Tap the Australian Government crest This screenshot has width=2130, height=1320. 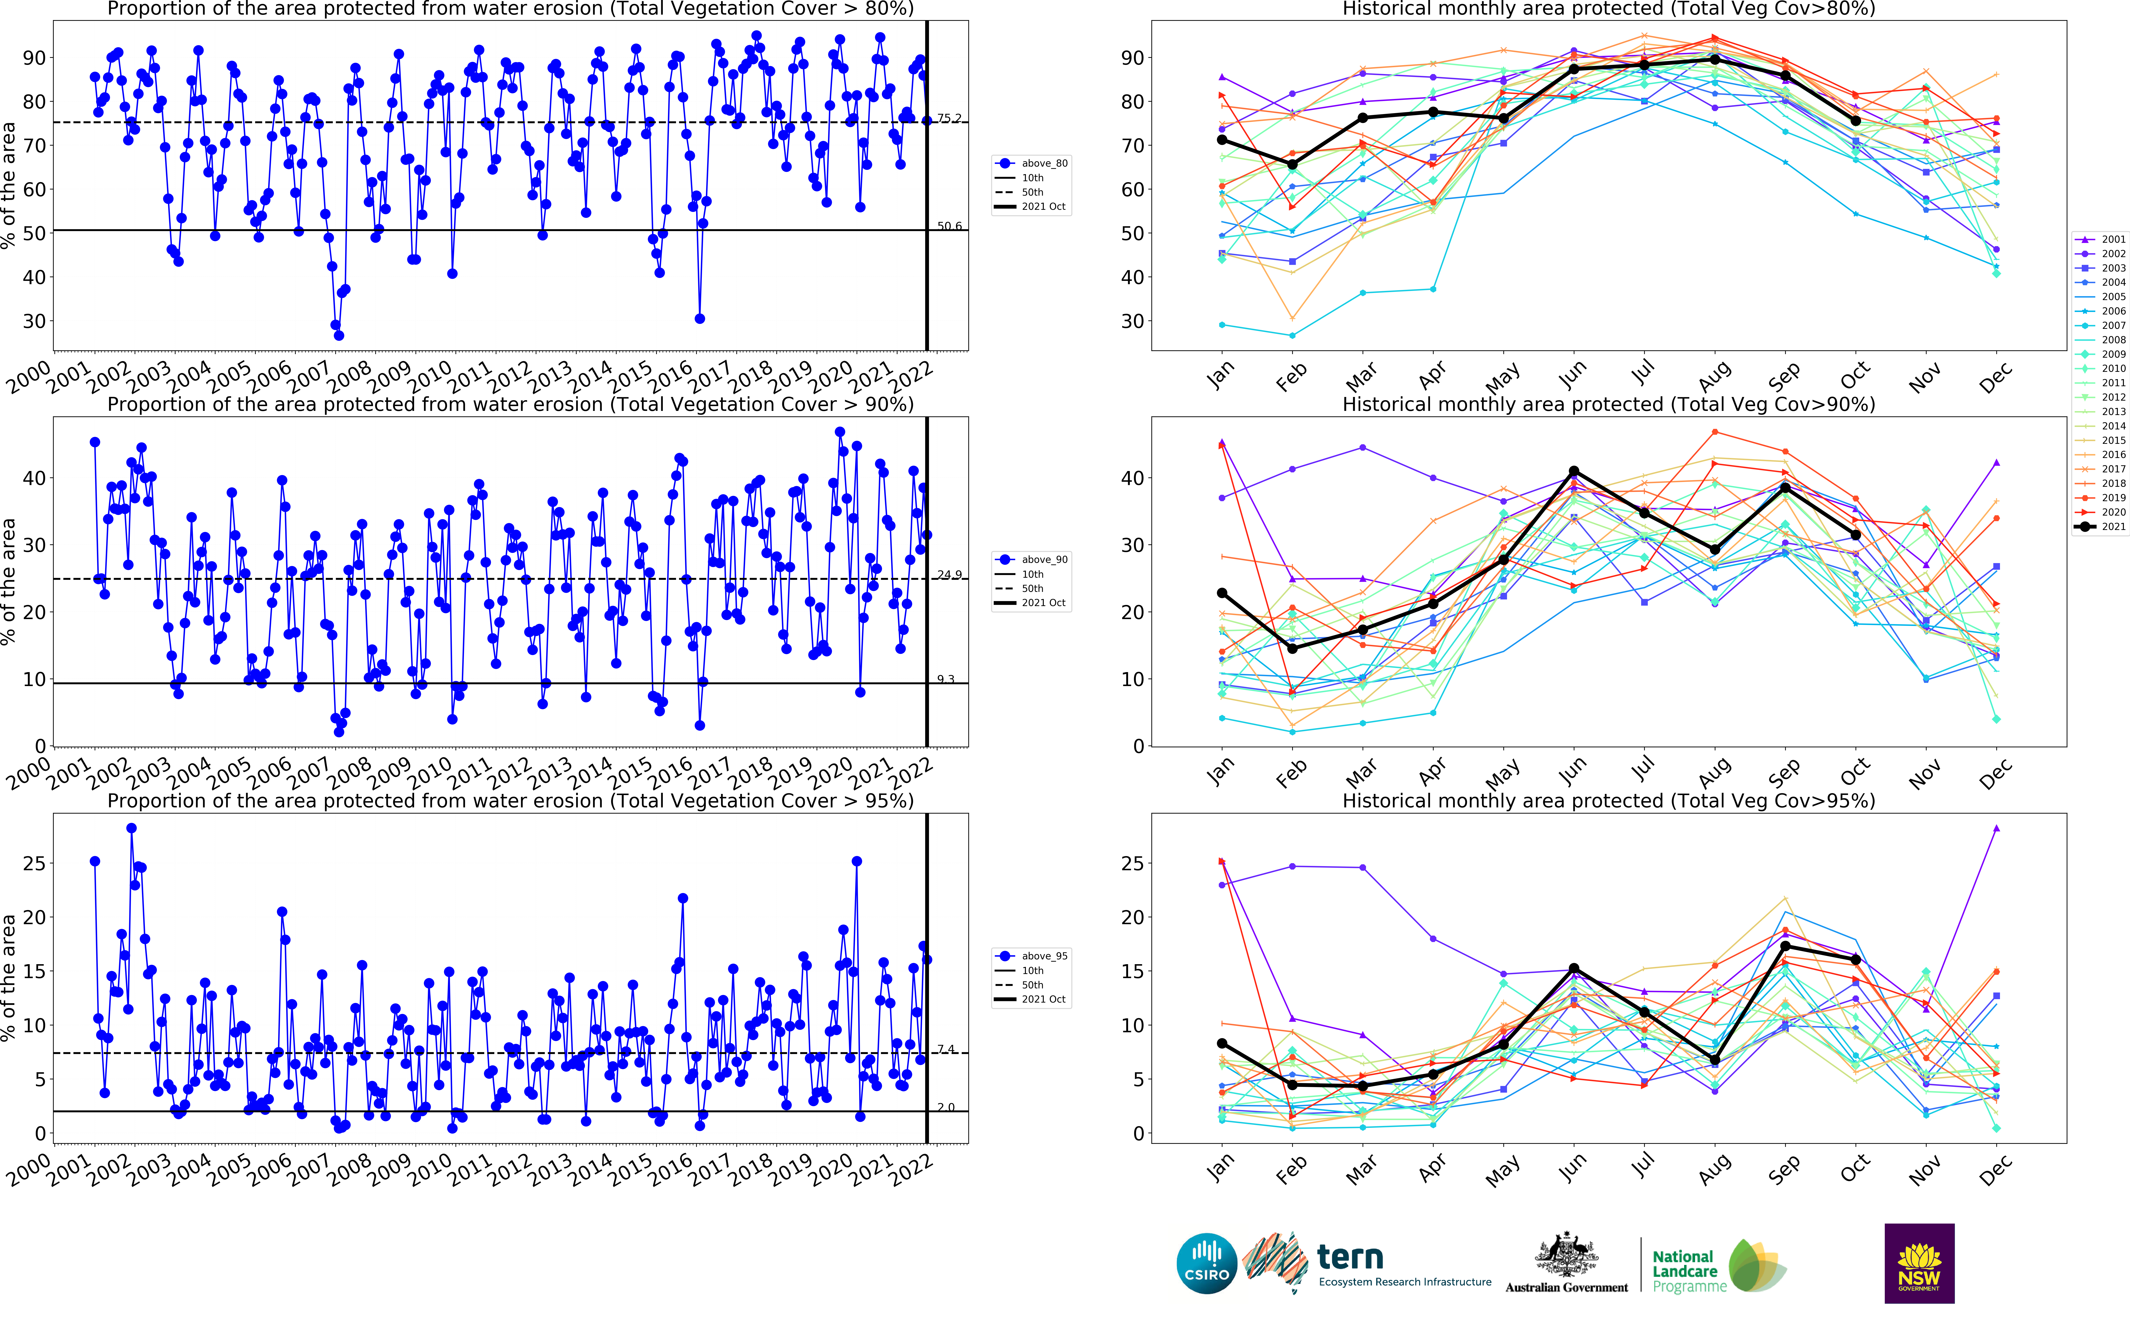[1566, 1255]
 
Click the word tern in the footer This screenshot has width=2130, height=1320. [1350, 1257]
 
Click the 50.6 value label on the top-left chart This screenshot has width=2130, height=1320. [949, 226]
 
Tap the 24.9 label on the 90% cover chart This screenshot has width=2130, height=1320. [949, 575]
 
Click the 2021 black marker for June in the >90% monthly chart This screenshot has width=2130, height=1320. [1574, 471]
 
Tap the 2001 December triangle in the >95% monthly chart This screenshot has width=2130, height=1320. [1997, 828]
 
